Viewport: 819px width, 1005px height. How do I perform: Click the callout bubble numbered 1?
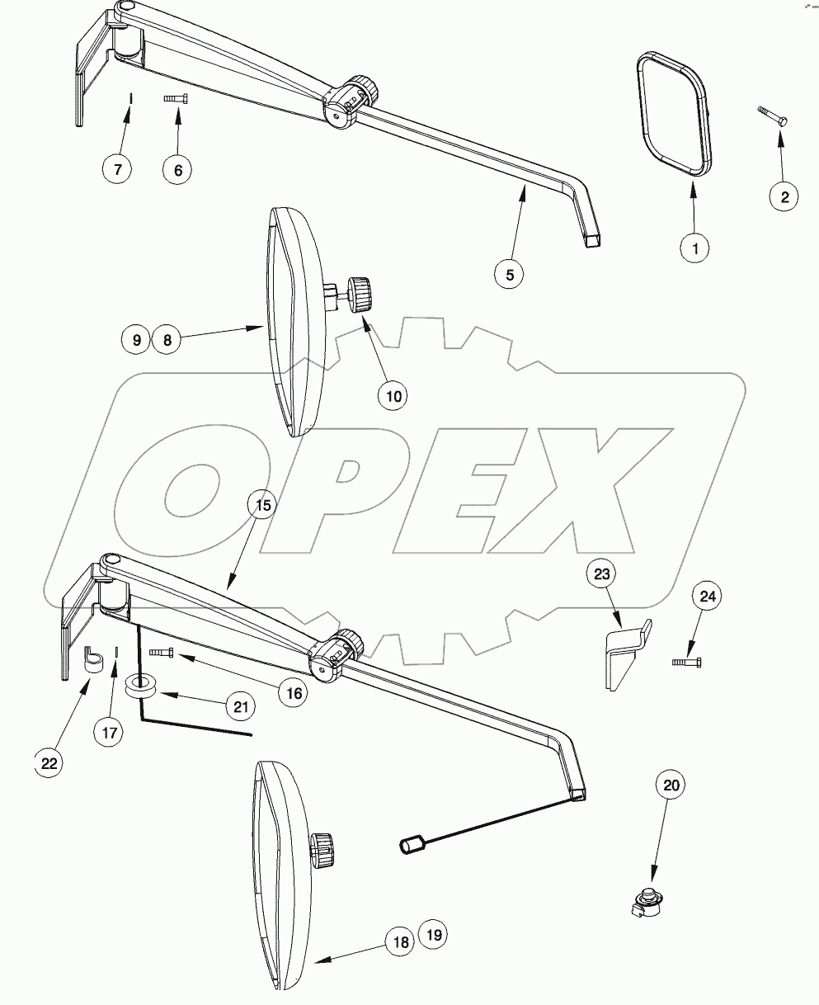tap(694, 248)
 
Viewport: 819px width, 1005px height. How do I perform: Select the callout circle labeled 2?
tap(784, 196)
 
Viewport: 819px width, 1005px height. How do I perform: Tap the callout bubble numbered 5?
tap(510, 274)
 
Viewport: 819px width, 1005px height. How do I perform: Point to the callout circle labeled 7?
tap(118, 169)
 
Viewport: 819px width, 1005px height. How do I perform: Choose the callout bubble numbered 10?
tap(394, 395)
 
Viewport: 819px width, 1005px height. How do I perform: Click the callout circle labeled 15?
tap(261, 504)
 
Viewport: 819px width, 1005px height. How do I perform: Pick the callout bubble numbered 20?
tap(671, 786)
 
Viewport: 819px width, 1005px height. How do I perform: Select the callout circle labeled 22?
tap(49, 763)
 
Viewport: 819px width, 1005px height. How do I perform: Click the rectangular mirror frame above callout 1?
tap(673, 114)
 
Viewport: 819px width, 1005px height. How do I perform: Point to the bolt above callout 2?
tap(772, 116)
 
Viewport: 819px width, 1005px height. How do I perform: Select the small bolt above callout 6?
tap(176, 98)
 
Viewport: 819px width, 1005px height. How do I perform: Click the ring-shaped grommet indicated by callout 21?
tap(142, 686)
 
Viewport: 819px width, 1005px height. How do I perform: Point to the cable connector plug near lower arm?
tap(411, 845)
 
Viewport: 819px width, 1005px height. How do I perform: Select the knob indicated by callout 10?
tap(360, 295)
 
